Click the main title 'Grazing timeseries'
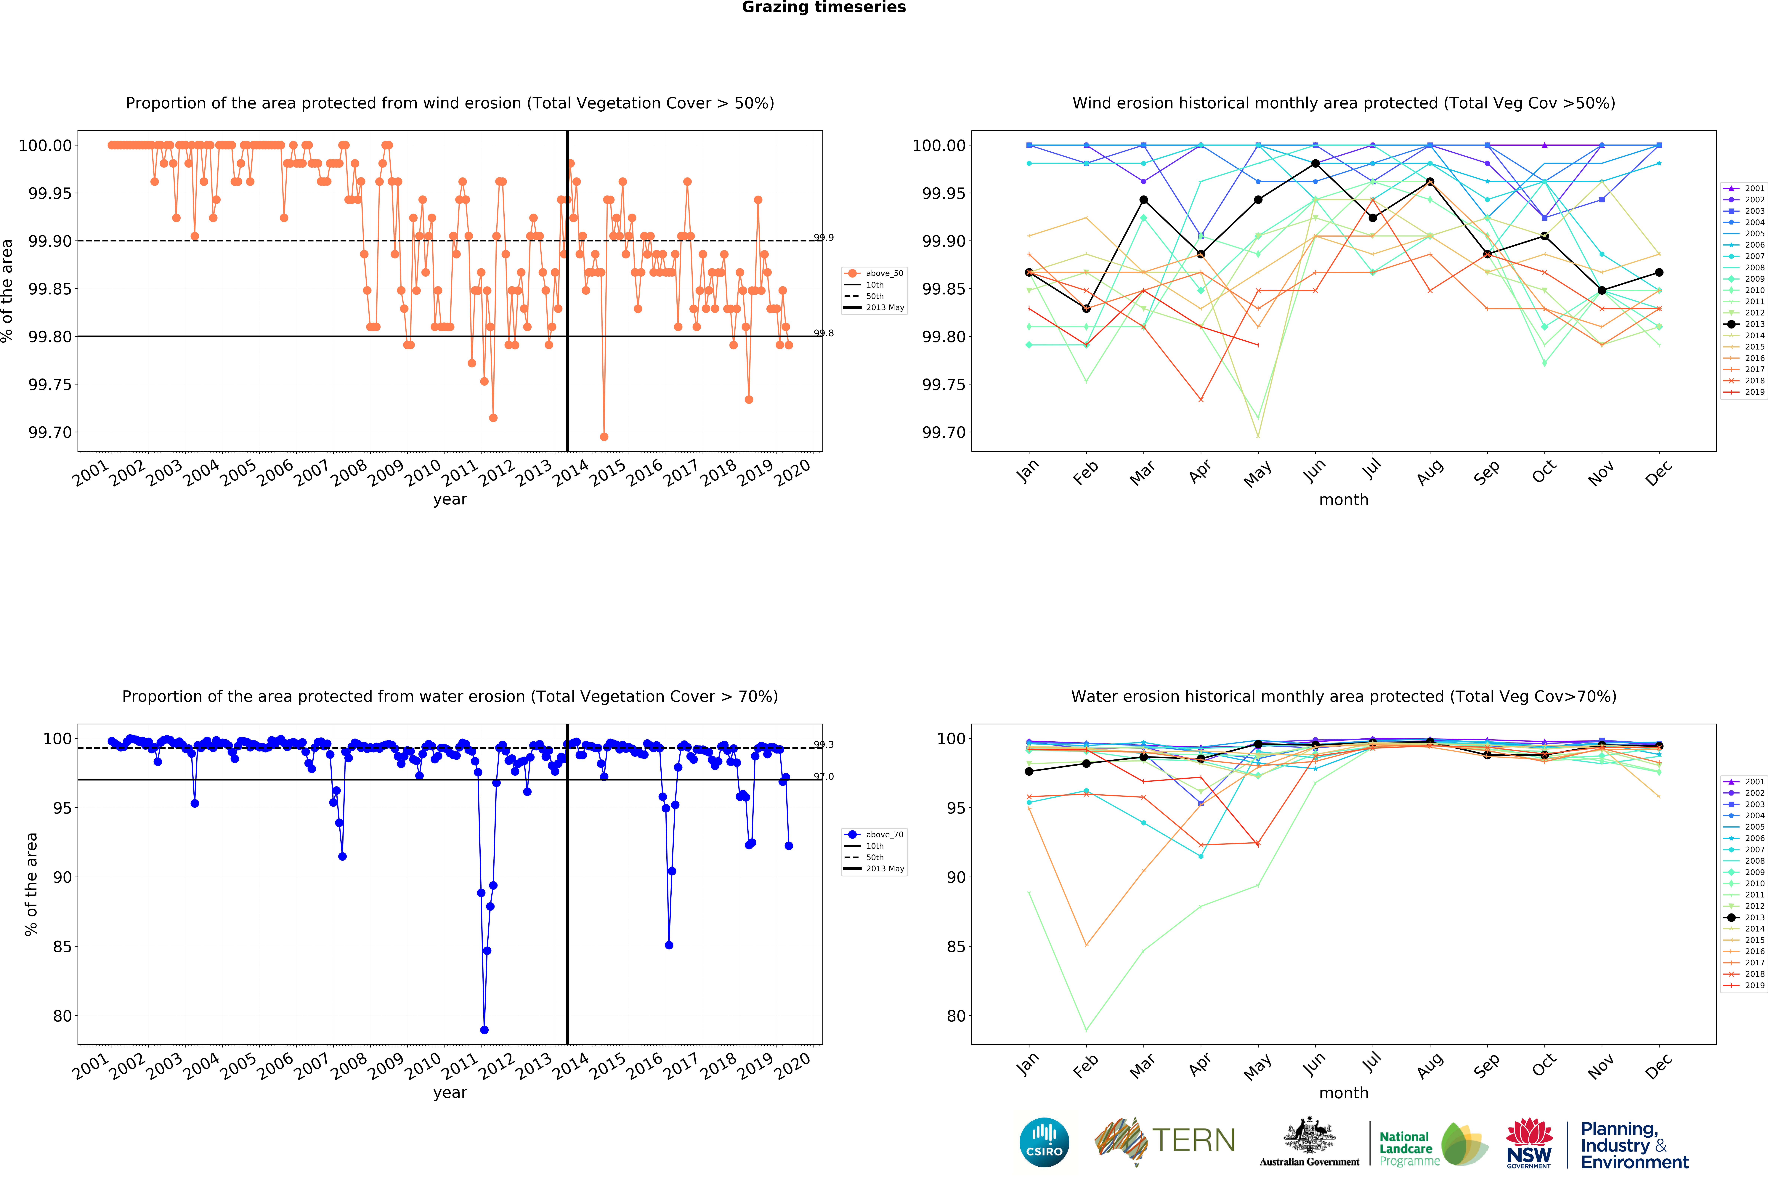point(823,8)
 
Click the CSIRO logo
point(1045,1142)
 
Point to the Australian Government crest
point(1310,1135)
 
